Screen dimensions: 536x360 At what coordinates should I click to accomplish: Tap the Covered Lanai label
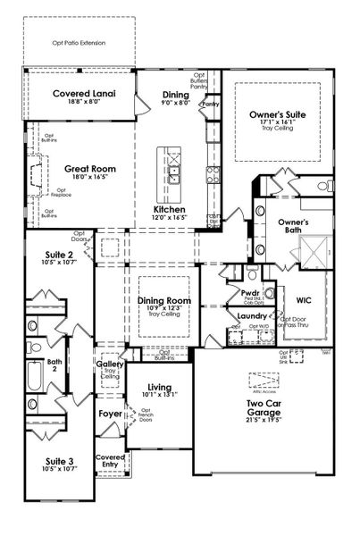pyautogui.click(x=80, y=94)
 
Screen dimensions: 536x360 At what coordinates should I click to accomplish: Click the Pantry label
pyautogui.click(x=211, y=105)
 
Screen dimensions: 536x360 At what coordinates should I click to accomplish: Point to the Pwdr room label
pyautogui.click(x=249, y=292)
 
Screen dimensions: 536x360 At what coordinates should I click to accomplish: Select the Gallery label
pyautogui.click(x=109, y=365)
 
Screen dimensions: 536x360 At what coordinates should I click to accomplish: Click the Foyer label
pyautogui.click(x=110, y=414)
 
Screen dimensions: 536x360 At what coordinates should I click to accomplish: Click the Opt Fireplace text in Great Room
pyautogui.click(x=63, y=191)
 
